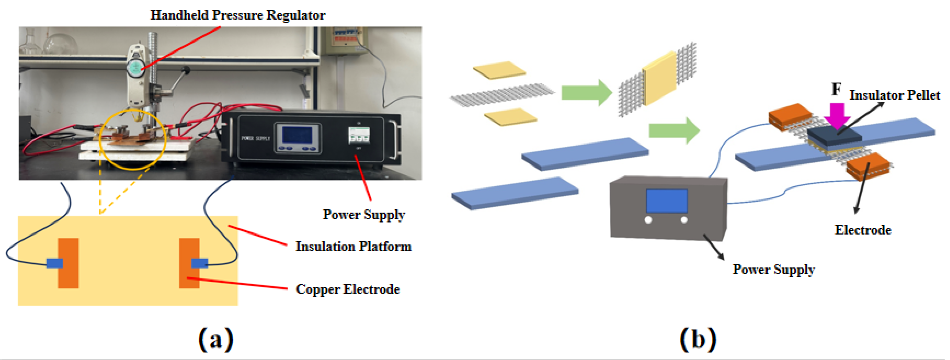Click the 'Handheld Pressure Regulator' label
point(238,15)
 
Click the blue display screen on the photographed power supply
point(297,135)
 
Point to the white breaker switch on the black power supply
point(359,135)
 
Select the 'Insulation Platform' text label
point(353,246)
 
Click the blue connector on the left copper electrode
point(55,263)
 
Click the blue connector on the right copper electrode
point(200,263)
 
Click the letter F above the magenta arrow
point(836,89)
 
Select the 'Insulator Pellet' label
point(895,95)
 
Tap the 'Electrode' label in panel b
point(863,230)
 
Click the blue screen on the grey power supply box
point(667,200)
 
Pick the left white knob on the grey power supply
point(648,220)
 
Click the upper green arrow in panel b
point(586,92)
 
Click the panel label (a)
point(216,339)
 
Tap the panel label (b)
point(698,339)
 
